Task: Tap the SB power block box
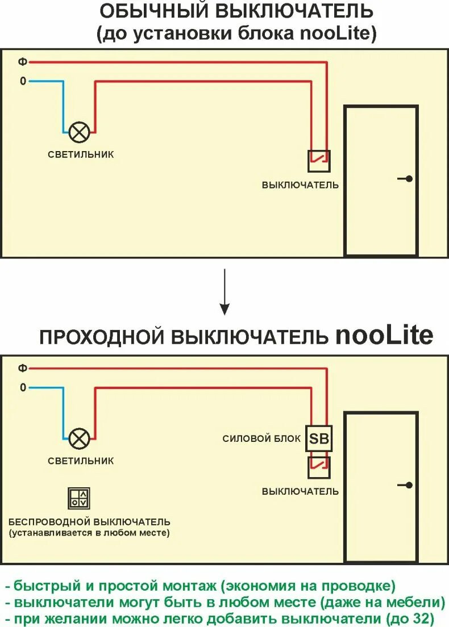coord(319,438)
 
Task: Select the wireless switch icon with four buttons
coord(78,498)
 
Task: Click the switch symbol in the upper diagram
coord(319,160)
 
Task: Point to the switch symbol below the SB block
coord(319,467)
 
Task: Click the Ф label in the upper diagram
coord(23,61)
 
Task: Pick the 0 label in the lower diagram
coord(23,388)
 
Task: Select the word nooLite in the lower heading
coord(384,336)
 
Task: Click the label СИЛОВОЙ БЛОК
coord(261,438)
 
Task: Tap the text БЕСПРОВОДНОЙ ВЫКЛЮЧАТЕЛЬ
coord(90,521)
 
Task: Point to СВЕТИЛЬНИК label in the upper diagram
coord(81,154)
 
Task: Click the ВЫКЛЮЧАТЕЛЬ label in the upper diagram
coord(300,185)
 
